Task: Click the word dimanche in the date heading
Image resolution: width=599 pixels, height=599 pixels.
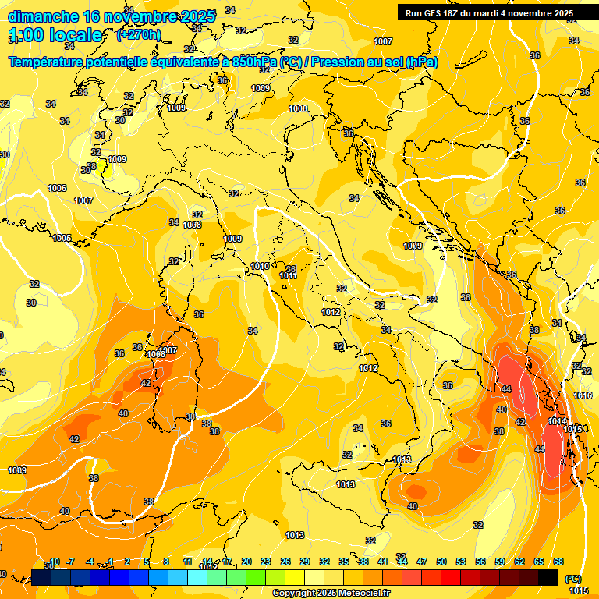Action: (x=42, y=16)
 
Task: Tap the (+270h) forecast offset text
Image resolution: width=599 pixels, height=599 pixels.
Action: (x=138, y=35)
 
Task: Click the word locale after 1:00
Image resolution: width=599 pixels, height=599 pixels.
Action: (x=75, y=35)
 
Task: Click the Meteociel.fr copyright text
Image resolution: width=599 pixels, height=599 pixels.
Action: (x=331, y=594)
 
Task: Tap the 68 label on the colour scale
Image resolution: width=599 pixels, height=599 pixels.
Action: (x=558, y=562)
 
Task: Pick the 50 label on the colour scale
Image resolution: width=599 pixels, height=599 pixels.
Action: (x=441, y=562)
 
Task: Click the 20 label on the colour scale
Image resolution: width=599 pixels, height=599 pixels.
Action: (x=246, y=562)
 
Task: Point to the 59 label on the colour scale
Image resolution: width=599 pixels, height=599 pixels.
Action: (x=500, y=562)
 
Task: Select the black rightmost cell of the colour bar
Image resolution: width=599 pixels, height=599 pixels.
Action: (x=548, y=577)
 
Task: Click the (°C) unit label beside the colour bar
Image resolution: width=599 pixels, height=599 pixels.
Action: (x=572, y=579)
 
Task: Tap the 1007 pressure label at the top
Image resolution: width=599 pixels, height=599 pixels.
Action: (x=383, y=41)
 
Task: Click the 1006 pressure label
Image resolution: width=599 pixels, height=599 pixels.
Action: (x=57, y=188)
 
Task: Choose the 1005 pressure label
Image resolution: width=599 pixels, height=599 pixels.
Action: (x=62, y=238)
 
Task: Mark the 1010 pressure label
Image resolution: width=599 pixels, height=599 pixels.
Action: (x=261, y=267)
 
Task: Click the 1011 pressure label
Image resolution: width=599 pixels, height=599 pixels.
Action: (x=288, y=275)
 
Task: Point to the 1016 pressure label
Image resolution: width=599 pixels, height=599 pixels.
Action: (x=583, y=395)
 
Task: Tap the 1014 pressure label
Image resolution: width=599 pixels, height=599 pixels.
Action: (x=557, y=421)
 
